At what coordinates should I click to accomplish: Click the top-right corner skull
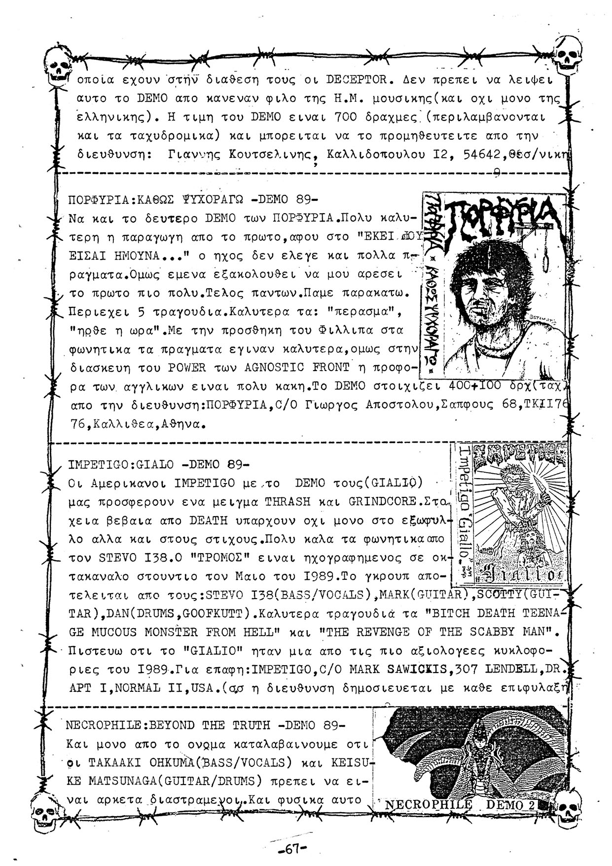pos(566,53)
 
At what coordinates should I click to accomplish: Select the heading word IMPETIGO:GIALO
pos(121,464)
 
